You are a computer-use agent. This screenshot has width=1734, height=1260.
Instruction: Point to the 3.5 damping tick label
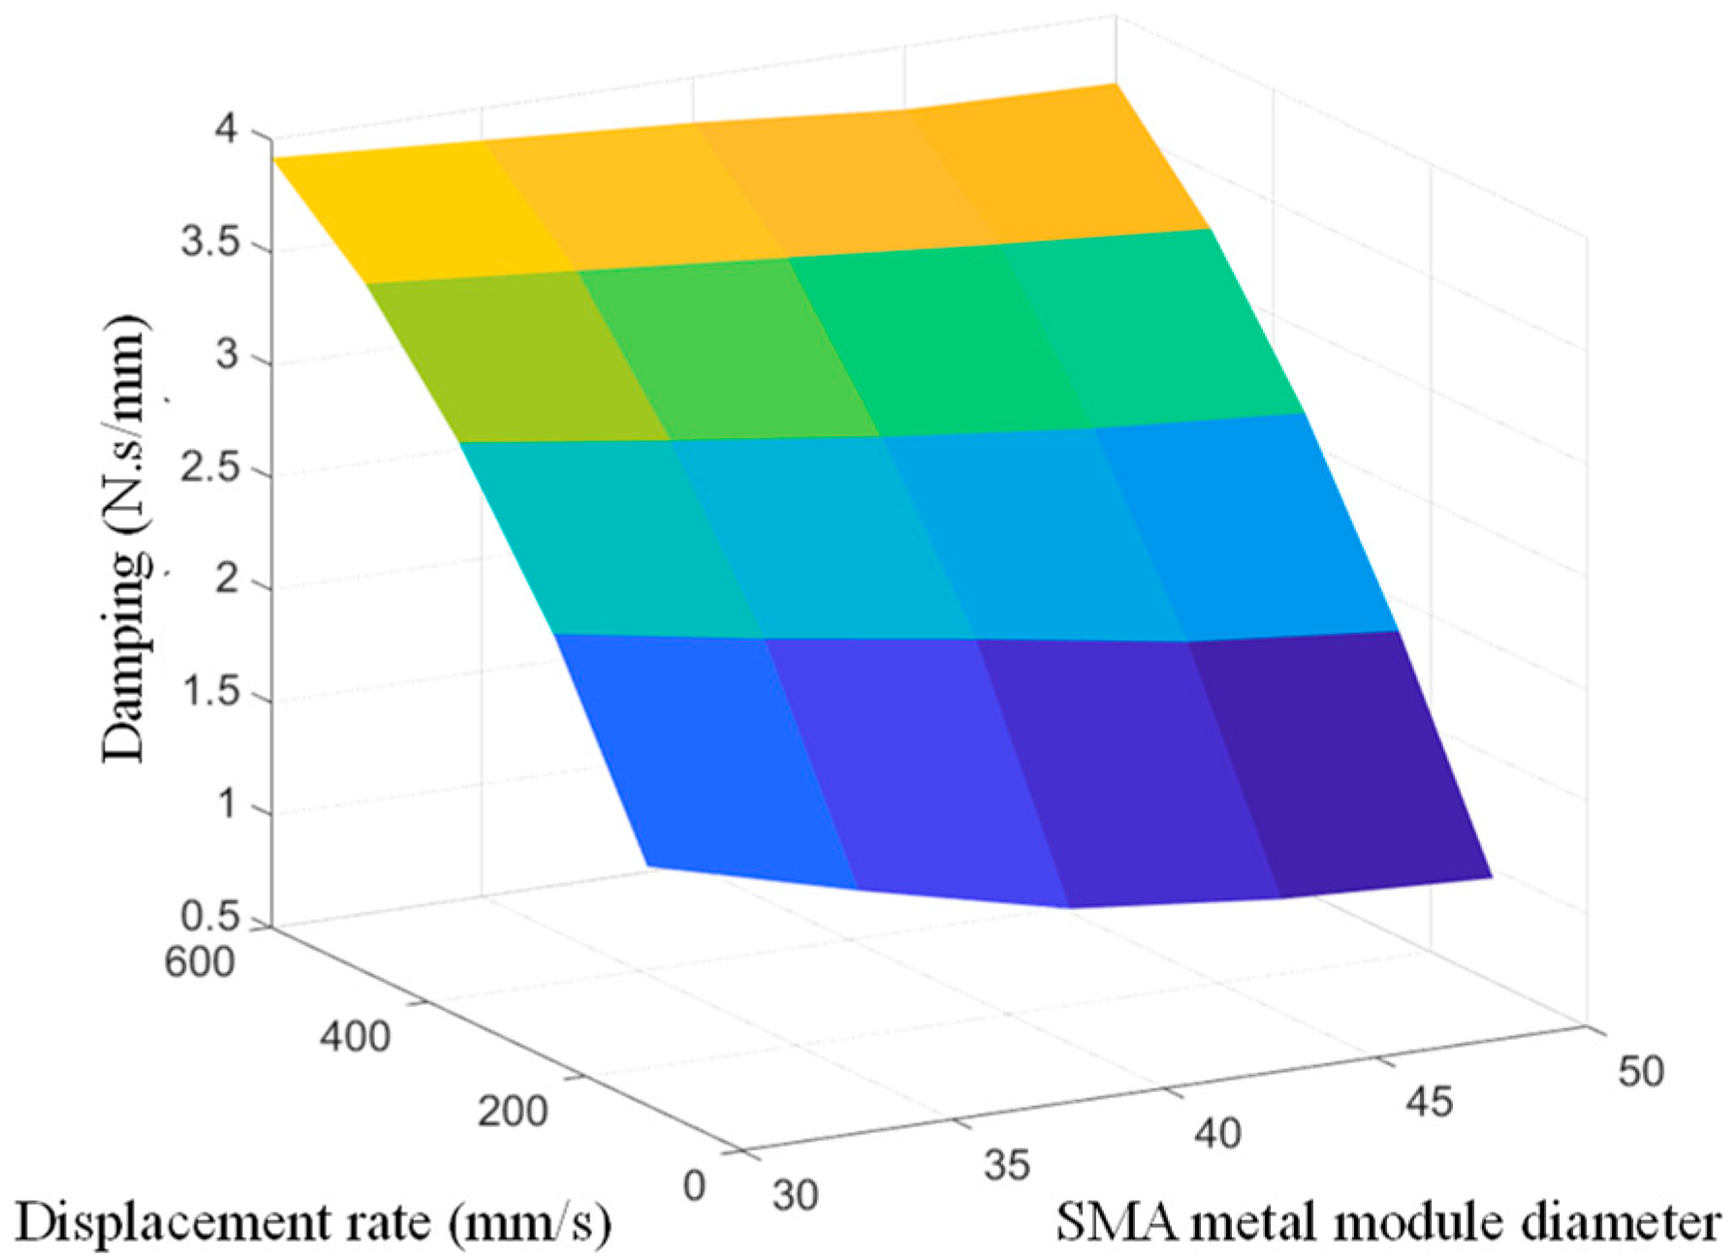click(209, 242)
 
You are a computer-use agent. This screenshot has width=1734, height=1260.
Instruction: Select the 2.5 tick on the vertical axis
click(209, 469)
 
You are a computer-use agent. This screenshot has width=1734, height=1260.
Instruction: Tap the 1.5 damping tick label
click(209, 694)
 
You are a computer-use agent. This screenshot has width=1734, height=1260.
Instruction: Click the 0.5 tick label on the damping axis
click(209, 917)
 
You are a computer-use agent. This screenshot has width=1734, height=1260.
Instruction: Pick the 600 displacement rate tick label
click(199, 962)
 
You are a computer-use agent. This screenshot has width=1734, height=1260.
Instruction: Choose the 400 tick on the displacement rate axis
click(355, 1037)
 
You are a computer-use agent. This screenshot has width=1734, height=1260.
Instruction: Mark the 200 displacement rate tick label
click(512, 1111)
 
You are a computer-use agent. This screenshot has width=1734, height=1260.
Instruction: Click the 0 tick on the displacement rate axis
click(694, 1185)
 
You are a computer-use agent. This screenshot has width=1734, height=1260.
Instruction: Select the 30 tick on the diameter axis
click(795, 1195)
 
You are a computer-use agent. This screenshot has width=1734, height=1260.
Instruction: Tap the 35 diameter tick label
click(1006, 1164)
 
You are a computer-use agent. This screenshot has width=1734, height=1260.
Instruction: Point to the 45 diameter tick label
click(1429, 1102)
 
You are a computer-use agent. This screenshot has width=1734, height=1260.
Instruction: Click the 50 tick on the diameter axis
click(1640, 1071)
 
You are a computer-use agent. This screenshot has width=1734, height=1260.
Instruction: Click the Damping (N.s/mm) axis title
click(125, 538)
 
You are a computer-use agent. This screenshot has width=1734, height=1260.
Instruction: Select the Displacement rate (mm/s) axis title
click(313, 1223)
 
